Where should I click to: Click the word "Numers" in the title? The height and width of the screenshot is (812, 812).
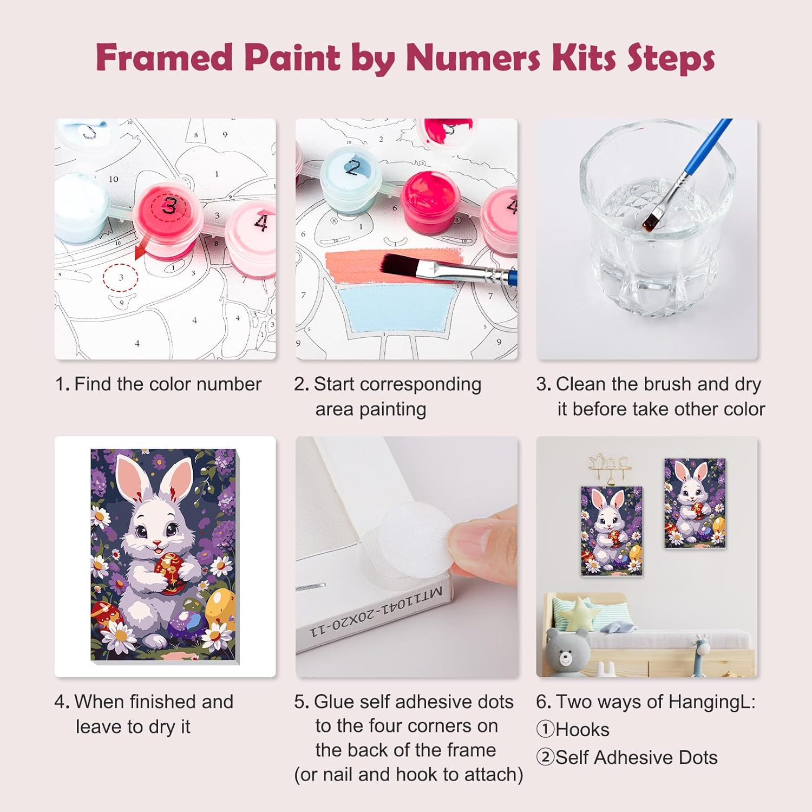pyautogui.click(x=473, y=57)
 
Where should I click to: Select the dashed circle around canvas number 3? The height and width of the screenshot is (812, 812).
pyautogui.click(x=121, y=278)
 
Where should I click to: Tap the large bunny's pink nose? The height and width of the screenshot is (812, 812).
pyautogui.click(x=156, y=542)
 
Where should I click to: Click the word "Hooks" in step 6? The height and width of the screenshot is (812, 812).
pyautogui.click(x=582, y=730)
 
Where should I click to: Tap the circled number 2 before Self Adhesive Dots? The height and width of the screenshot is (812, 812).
pyautogui.click(x=545, y=757)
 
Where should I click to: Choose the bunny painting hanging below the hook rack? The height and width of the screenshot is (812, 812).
pyautogui.click(x=611, y=531)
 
